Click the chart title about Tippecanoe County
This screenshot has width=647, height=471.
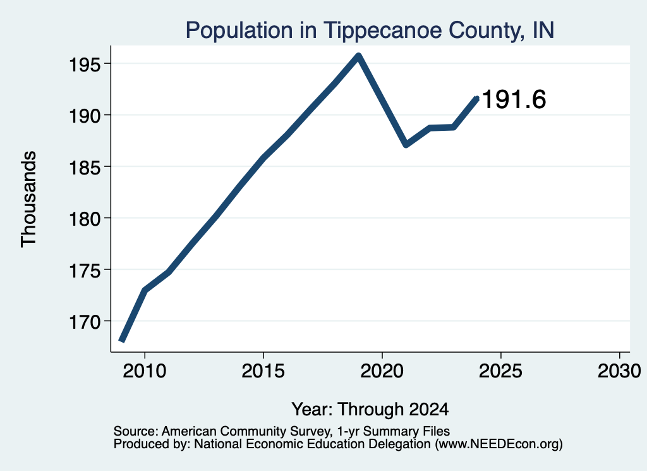pos(370,30)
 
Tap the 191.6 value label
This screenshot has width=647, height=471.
pos(514,99)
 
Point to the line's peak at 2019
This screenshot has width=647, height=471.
pos(359,56)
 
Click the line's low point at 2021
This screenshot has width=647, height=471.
pos(406,145)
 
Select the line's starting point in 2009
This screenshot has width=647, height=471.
pos(121,341)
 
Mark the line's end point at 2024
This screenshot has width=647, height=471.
pos(478,98)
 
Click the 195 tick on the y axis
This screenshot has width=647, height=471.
pos(85,64)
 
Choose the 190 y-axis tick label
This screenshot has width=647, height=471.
pos(85,116)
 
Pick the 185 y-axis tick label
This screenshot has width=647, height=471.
pos(85,168)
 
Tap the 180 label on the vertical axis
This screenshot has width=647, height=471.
pos(85,219)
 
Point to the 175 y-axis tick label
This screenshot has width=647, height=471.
pos(85,271)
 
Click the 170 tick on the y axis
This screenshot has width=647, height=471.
pos(85,322)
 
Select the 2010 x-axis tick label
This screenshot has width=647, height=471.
pos(145,370)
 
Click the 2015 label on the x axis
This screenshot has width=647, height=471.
pos(263,370)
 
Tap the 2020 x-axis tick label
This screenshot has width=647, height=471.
pos(382,370)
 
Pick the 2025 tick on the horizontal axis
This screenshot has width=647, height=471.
pos(500,370)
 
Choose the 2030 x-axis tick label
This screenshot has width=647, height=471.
pos(619,370)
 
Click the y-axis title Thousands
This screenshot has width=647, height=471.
pos(28,199)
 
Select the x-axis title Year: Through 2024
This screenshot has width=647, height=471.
pos(370,410)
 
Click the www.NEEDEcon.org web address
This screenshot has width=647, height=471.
pos(499,444)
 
